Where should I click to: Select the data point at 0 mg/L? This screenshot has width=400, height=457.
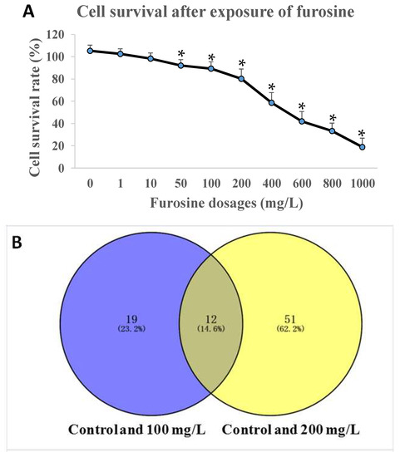pyautogui.click(x=89, y=51)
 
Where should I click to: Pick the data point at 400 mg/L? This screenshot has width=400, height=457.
pyautogui.click(x=271, y=102)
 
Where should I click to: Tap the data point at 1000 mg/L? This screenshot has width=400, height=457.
pyautogui.click(x=362, y=146)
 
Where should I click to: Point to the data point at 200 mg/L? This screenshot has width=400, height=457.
pyautogui.click(x=241, y=79)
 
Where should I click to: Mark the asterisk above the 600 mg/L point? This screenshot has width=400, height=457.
pyautogui.click(x=302, y=107)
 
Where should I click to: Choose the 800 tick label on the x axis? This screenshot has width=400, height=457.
pyautogui.click(x=332, y=183)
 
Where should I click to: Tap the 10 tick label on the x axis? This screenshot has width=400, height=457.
pyautogui.click(x=151, y=183)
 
